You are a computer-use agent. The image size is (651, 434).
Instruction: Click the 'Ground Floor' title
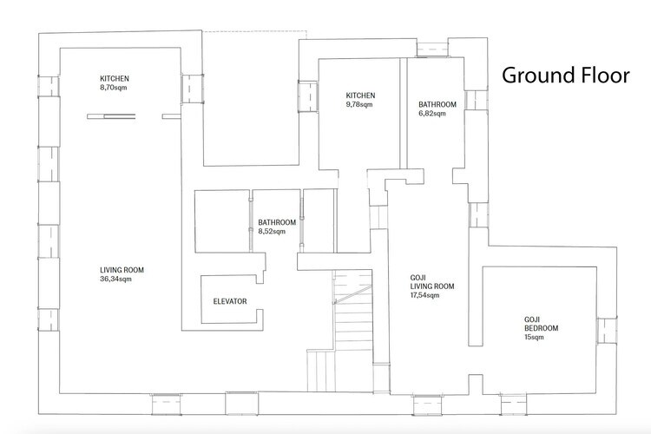click(x=565, y=76)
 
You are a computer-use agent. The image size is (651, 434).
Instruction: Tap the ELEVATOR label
click(x=230, y=301)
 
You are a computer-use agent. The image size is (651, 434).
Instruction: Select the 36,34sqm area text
click(x=115, y=279)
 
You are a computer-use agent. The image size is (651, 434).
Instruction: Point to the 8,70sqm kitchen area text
click(x=114, y=88)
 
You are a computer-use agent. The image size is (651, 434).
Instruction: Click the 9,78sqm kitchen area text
click(x=359, y=105)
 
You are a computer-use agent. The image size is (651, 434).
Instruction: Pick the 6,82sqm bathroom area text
click(x=432, y=114)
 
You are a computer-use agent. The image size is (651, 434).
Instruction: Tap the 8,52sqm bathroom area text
click(x=272, y=232)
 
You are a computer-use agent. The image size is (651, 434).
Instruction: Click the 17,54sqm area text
click(x=424, y=295)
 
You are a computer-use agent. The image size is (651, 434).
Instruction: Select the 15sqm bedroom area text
click(x=534, y=338)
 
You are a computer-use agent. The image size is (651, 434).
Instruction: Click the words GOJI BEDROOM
click(x=541, y=324)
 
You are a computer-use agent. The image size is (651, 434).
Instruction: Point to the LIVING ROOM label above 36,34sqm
click(x=122, y=270)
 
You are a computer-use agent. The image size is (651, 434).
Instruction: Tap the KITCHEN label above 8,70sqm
click(x=115, y=78)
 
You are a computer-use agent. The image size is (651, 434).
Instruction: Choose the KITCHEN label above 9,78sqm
click(x=360, y=95)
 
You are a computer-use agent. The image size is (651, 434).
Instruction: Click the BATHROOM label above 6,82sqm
click(x=437, y=105)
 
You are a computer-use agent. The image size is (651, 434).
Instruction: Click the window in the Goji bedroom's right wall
click(x=607, y=331)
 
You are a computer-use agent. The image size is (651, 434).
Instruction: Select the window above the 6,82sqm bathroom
click(x=432, y=49)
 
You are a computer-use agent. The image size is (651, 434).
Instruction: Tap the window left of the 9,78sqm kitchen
click(x=308, y=96)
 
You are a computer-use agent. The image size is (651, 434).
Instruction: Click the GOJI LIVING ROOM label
click(x=432, y=282)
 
